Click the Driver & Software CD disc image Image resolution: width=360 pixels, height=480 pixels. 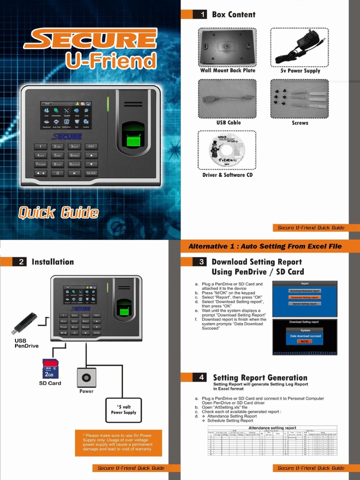(x=227, y=150)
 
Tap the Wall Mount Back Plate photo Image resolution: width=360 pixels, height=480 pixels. (x=227, y=47)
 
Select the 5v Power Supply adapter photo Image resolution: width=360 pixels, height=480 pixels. (x=300, y=47)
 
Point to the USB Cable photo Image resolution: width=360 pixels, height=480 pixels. (x=227, y=99)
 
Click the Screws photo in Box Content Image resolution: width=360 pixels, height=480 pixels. (x=300, y=99)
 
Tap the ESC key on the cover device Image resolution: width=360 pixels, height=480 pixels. (x=91, y=147)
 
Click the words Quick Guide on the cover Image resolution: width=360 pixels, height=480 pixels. (x=59, y=213)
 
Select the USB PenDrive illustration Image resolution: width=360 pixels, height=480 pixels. (x=25, y=323)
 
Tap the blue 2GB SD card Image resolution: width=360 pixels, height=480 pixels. (x=50, y=369)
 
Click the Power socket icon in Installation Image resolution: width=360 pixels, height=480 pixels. (x=86, y=377)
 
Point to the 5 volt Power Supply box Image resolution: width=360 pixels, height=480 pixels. (x=123, y=410)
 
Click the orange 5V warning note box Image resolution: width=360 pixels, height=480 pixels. (x=118, y=443)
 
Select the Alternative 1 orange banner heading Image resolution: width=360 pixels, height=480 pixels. (x=265, y=246)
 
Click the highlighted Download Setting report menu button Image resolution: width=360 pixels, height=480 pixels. (x=304, y=297)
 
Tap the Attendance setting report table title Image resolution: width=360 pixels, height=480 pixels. (x=272, y=428)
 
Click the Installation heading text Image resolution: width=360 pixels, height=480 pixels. (x=52, y=262)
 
